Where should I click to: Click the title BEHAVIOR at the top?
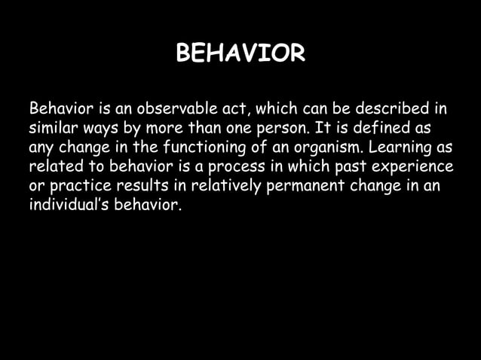(240, 54)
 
